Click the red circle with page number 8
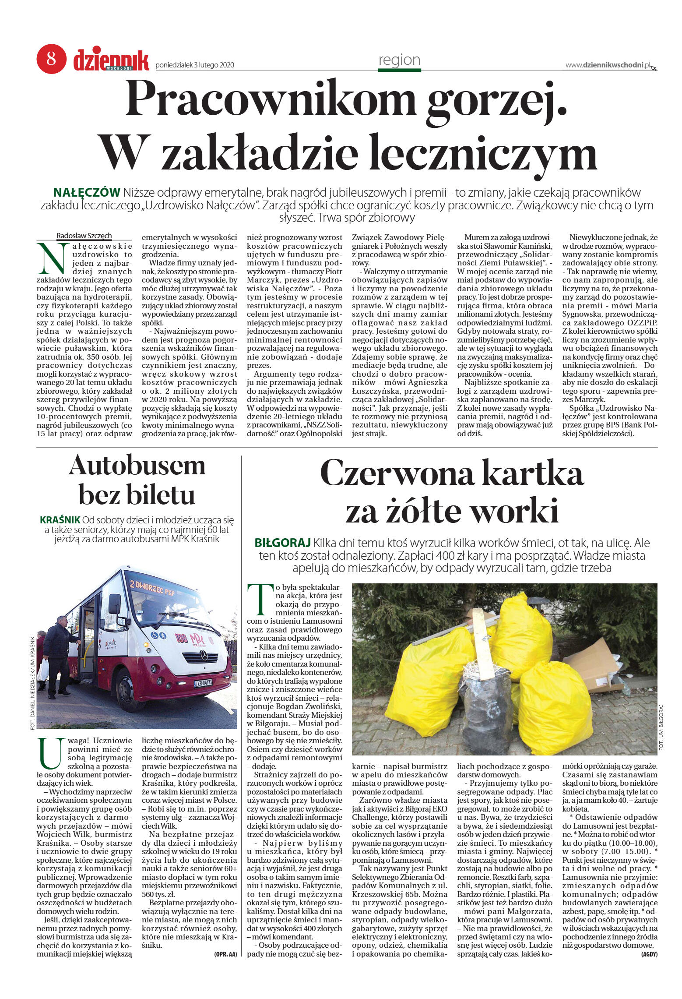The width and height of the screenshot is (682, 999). [51, 59]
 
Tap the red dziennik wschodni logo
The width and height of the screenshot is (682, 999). [111, 60]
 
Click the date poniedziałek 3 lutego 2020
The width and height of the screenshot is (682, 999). [195, 65]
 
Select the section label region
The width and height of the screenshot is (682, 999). [399, 60]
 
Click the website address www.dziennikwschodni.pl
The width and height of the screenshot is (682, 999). [608, 65]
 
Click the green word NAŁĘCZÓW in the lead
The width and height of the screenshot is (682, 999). [87, 193]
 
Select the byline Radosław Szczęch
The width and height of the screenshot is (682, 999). [84, 236]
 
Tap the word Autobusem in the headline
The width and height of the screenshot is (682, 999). [137, 466]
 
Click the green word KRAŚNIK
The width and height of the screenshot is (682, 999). [60, 520]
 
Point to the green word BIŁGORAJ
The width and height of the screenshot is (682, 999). [282, 543]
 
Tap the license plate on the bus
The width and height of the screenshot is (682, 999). [203, 683]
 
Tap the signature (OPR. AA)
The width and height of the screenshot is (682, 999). [225, 954]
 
